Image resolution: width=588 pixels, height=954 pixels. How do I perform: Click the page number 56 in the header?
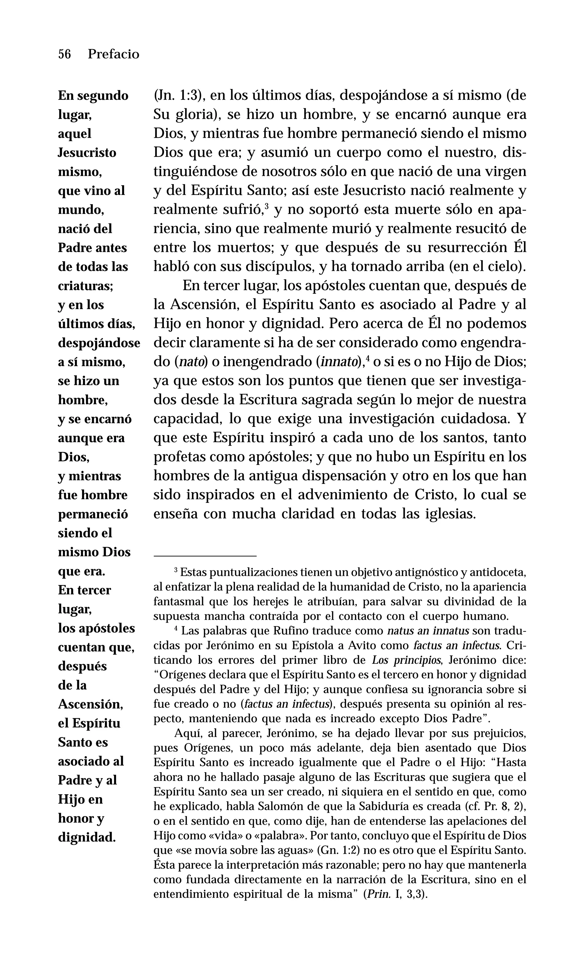coord(65,54)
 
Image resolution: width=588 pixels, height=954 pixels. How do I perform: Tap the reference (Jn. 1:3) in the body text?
coord(179,96)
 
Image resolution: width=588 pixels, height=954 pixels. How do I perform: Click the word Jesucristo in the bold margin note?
coord(87,152)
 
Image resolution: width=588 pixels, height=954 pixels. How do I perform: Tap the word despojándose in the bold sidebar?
coord(99,343)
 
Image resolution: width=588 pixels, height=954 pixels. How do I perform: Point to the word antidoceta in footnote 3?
coord(498,572)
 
